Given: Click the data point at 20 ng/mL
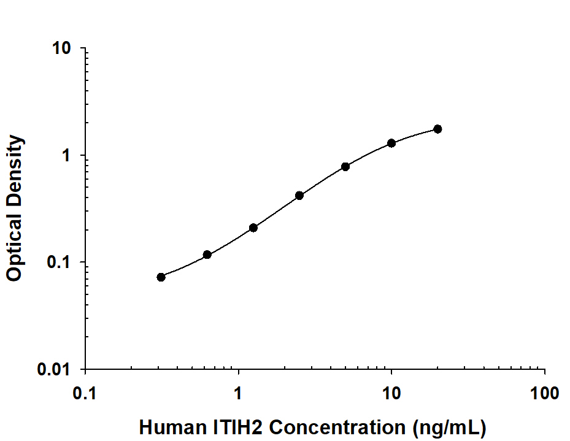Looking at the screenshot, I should coord(437,129).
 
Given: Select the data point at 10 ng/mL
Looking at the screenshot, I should coord(391,143).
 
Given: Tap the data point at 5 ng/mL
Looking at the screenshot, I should coord(345,166).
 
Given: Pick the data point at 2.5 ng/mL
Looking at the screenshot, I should coord(299,196).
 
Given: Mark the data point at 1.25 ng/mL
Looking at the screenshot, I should coord(253,228).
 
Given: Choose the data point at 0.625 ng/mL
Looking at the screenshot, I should coord(207,255).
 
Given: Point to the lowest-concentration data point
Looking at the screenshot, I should coord(161,277).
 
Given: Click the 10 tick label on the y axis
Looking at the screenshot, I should coord(61,49).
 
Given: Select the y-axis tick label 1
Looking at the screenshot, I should coord(67,156).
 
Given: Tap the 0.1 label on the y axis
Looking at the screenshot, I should coord(60,263).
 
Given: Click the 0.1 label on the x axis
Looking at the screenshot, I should coord(85,393).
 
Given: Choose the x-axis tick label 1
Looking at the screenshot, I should coord(238,393).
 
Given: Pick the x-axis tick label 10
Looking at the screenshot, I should coord(391,393).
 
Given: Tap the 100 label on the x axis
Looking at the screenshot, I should coord(545,393).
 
